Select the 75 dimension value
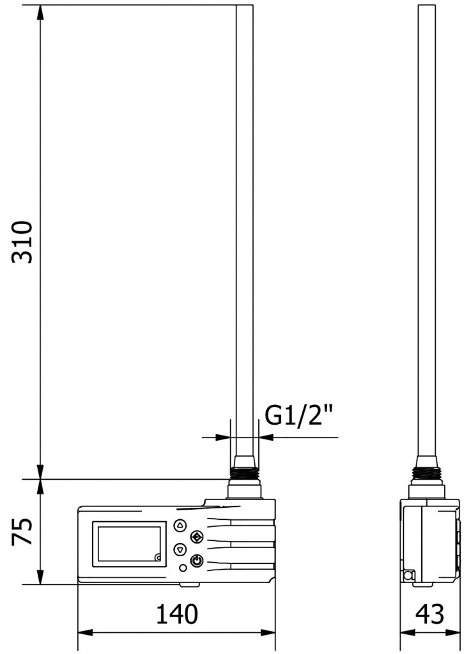pyautogui.click(x=23, y=532)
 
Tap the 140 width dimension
pyautogui.click(x=177, y=615)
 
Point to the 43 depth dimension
pyautogui.click(x=429, y=615)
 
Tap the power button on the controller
pyautogui.click(x=197, y=560)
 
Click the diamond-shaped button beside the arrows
pyautogui.click(x=196, y=536)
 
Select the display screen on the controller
pyautogui.click(x=128, y=544)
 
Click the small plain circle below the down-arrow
pyautogui.click(x=183, y=568)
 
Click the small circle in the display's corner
pyautogui.click(x=157, y=558)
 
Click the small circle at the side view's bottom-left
pyautogui.click(x=406, y=576)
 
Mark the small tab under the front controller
pyautogui.click(x=189, y=584)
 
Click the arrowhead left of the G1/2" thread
pyautogui.click(x=223, y=437)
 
